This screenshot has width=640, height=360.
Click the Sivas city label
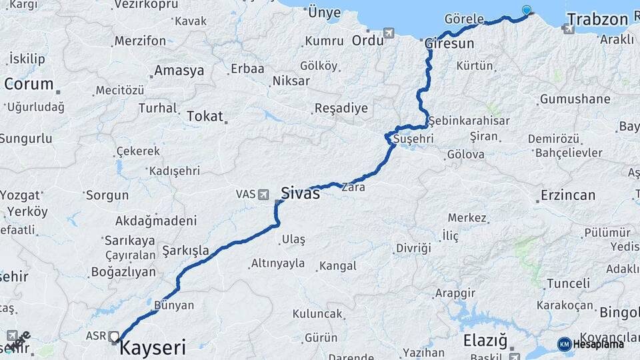click(300, 193)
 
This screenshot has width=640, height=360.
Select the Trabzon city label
click(597, 19)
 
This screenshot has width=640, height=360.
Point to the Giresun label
click(449, 43)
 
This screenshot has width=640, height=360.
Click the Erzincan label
click(568, 195)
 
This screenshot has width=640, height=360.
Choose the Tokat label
click(205, 116)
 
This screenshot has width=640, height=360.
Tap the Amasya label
click(179, 71)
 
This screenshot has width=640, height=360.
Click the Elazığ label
click(485, 341)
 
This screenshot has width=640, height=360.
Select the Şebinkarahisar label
click(469, 121)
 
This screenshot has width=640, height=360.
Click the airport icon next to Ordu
click(389, 33)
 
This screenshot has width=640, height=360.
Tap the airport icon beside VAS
click(264, 194)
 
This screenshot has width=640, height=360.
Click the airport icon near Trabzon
click(567, 28)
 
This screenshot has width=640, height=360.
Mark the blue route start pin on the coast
click(527, 10)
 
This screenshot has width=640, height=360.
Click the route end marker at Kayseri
click(114, 337)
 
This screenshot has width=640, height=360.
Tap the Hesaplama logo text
click(598, 344)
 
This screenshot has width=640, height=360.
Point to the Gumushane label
click(575, 99)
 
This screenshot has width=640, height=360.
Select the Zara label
click(353, 188)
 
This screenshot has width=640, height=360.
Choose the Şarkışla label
click(185, 251)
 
